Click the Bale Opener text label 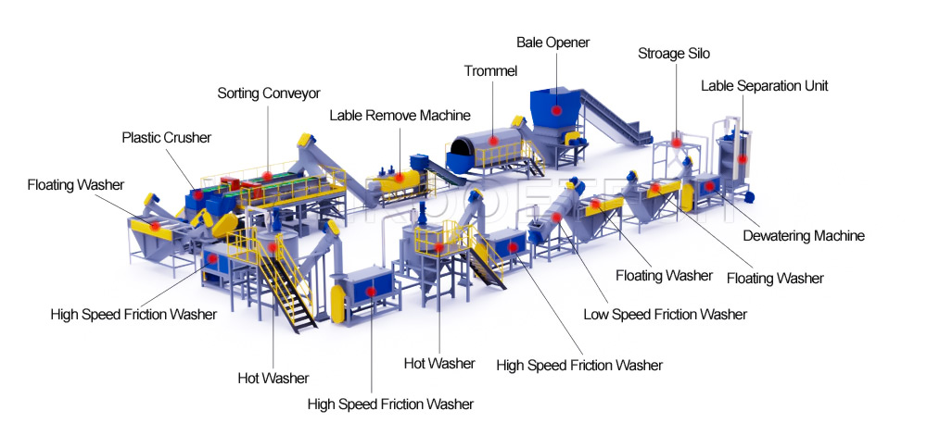[x=552, y=43]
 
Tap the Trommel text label [x=490, y=71]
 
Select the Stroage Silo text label [x=674, y=54]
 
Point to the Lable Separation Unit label [x=765, y=85]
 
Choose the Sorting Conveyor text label [x=269, y=93]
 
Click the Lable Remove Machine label [x=400, y=115]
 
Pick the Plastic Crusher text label [x=166, y=138]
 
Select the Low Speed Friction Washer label [x=665, y=315]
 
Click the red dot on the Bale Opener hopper [x=556, y=110]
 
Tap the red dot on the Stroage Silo [x=676, y=143]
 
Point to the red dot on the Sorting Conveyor [x=267, y=176]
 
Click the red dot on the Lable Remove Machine [x=399, y=177]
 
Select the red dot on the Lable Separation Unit [x=742, y=158]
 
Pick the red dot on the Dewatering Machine [x=709, y=186]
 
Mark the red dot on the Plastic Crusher [x=198, y=194]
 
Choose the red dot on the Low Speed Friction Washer [x=556, y=218]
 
